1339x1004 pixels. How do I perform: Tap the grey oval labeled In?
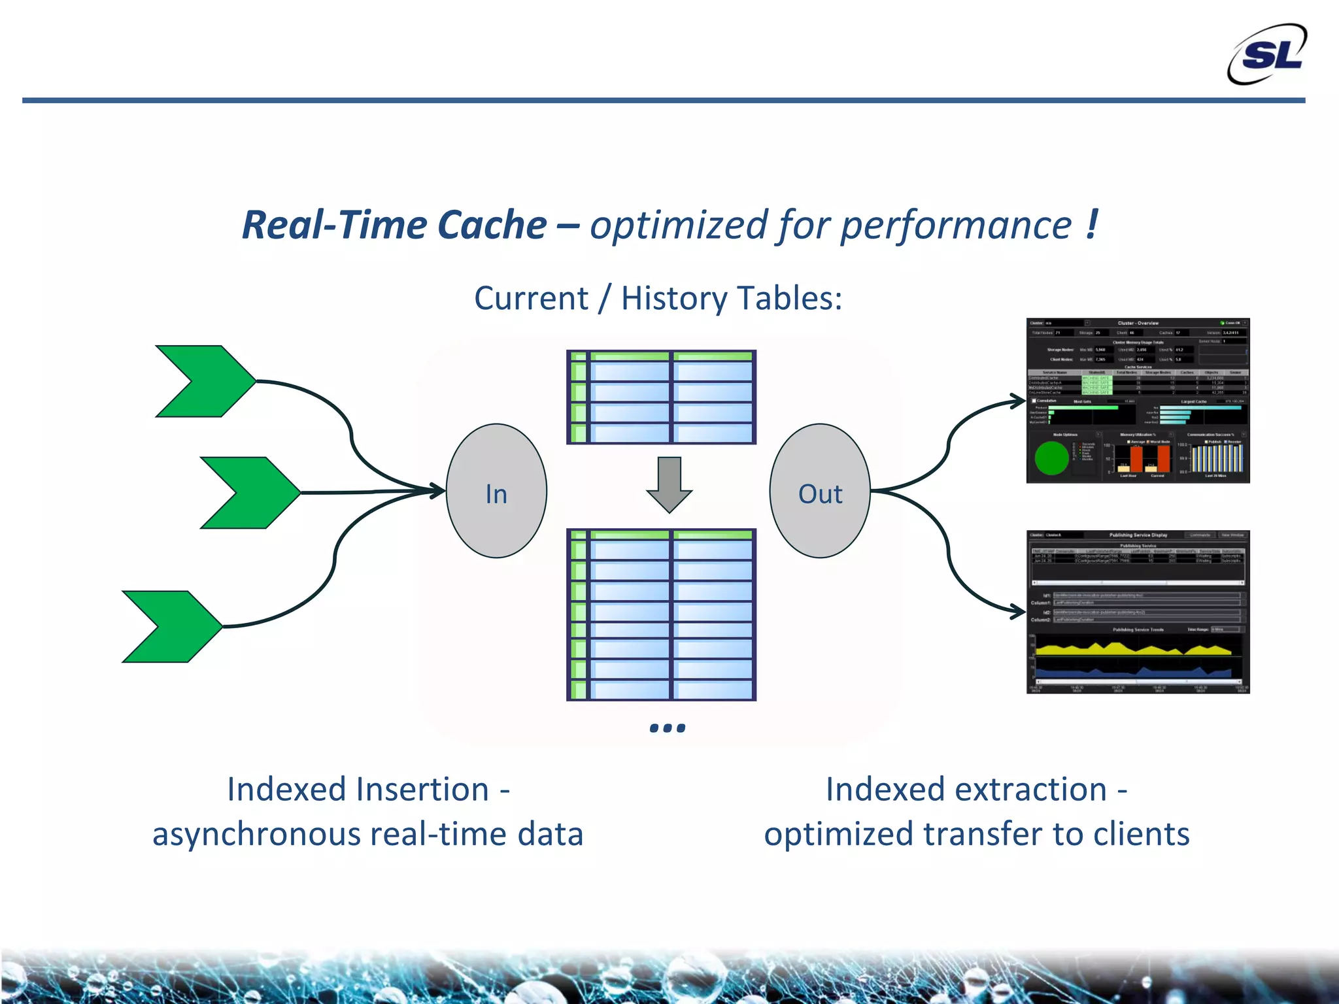[x=496, y=492]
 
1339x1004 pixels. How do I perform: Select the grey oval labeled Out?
[x=820, y=492]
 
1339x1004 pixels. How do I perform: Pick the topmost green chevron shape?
[x=205, y=381]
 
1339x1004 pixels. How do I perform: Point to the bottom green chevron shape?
[x=172, y=627]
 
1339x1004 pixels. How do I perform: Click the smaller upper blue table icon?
[x=661, y=397]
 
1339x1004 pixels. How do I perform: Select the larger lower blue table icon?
[x=661, y=615]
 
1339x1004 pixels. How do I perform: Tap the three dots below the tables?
[x=668, y=728]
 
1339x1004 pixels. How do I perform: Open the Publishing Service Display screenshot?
[x=1138, y=612]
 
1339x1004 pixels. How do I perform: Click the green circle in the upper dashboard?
[x=1051, y=458]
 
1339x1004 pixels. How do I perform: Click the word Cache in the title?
[x=492, y=226]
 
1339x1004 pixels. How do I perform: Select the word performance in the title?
[x=956, y=226]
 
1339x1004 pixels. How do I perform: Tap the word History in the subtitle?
[x=673, y=299]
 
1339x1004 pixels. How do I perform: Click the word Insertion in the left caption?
[x=358, y=789]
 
